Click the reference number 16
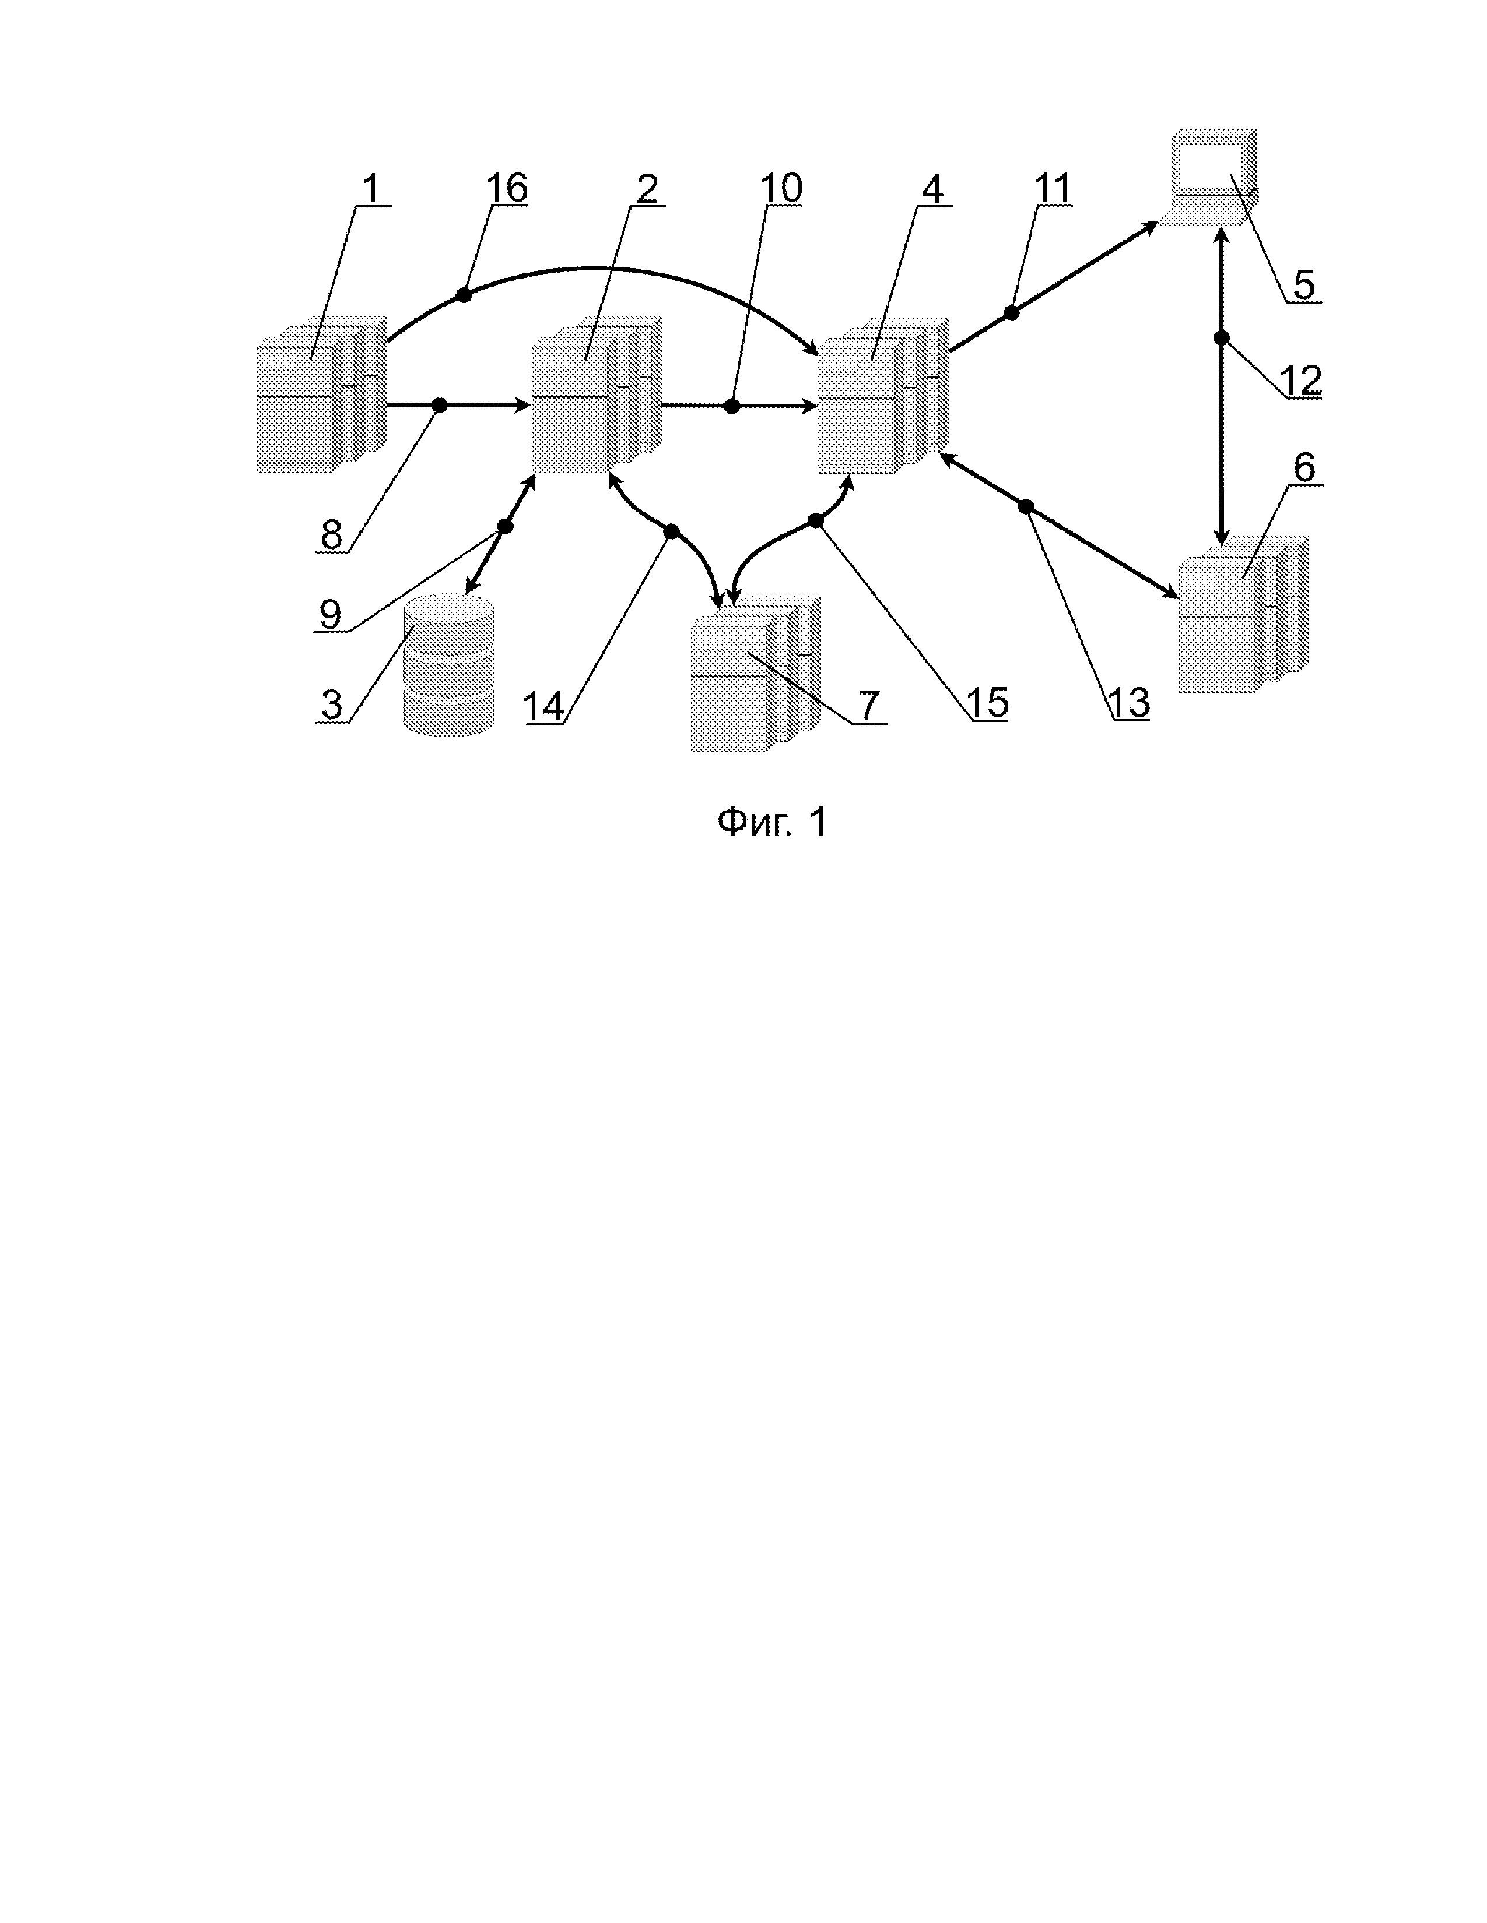[x=507, y=188]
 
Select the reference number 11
[x=1052, y=188]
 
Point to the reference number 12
[x=1300, y=381]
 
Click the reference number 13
[x=1128, y=703]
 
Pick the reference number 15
[x=987, y=703]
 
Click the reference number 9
[x=330, y=613]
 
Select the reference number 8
[x=331, y=534]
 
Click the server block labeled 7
[x=754, y=674]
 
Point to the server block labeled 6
[x=1242, y=614]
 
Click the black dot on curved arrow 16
[x=464, y=295]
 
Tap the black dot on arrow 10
[x=731, y=406]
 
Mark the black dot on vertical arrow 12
[x=1221, y=338]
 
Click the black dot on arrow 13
[x=1025, y=506]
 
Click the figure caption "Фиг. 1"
[x=771, y=822]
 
